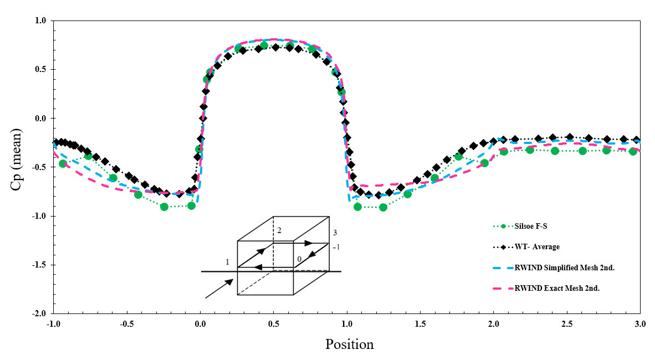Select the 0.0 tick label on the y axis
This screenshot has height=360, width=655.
point(42,119)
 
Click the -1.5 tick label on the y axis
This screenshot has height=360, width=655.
point(40,265)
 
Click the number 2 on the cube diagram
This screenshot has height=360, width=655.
point(279,230)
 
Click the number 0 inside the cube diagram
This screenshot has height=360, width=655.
point(299,259)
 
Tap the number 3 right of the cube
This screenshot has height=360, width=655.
point(334,233)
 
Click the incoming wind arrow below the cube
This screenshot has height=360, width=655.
point(219,289)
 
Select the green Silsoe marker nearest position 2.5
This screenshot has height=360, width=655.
point(582,151)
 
